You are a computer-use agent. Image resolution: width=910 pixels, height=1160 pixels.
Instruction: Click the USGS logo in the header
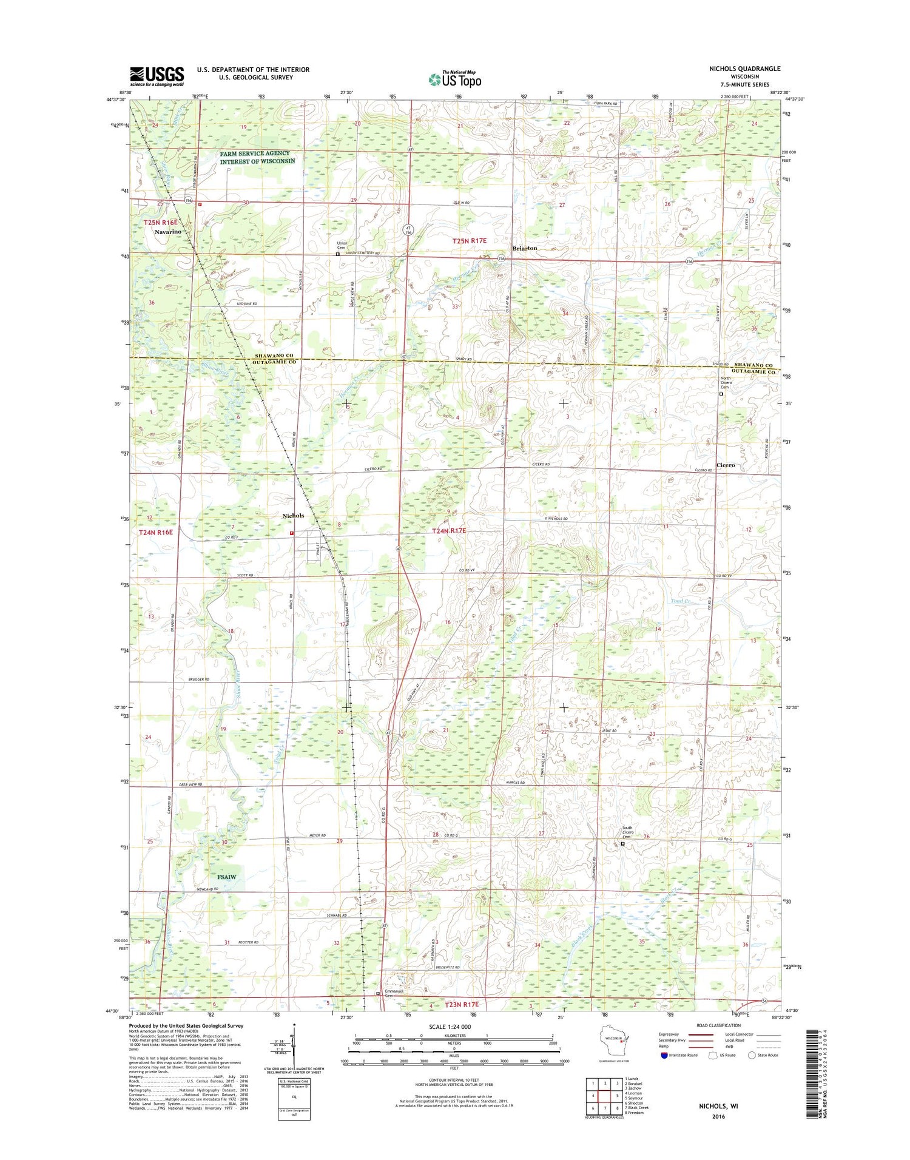coord(157,76)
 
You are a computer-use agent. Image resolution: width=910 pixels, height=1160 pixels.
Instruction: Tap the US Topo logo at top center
coord(455,79)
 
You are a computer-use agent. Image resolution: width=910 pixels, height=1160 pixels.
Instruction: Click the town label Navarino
coord(167,232)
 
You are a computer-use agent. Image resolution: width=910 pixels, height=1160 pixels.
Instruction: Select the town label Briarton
coord(525,248)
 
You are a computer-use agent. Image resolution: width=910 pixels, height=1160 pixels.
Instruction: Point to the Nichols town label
coord(293,516)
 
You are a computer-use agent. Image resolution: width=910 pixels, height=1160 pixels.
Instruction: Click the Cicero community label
coord(726,465)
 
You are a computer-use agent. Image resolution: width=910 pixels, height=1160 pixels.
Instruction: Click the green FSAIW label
coord(226,877)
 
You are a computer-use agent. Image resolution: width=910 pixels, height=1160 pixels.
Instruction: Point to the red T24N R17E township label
coord(449,531)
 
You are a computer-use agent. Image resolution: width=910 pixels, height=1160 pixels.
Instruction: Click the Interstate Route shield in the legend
coord(664,1055)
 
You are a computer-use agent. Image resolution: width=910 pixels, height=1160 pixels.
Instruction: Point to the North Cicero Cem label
coord(726,383)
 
